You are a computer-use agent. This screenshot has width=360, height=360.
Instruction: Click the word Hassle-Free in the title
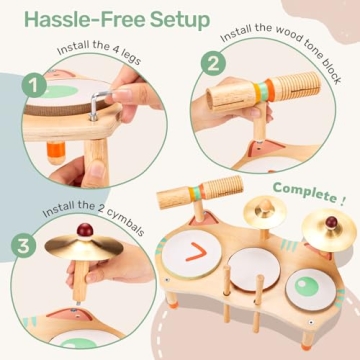(85, 20)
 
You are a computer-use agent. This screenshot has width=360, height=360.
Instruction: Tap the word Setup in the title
(180, 21)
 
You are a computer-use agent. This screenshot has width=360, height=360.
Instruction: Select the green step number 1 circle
(34, 85)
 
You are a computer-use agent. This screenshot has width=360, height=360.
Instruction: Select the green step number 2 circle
(213, 63)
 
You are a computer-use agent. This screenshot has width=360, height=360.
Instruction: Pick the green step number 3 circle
(23, 246)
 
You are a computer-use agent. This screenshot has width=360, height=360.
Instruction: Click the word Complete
(304, 193)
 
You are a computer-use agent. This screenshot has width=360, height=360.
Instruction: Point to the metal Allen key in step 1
(99, 104)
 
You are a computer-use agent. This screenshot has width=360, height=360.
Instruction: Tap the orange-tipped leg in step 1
(56, 153)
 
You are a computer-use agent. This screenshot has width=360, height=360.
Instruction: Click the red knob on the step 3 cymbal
(85, 230)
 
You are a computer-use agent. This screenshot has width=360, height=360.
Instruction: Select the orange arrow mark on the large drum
(197, 252)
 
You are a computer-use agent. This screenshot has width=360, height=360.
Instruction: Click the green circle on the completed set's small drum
(307, 286)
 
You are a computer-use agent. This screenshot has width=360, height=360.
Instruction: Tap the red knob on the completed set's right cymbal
(331, 222)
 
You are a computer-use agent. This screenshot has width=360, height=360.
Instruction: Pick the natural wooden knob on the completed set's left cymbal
(265, 206)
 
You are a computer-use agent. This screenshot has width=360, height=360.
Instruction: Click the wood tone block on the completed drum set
(200, 192)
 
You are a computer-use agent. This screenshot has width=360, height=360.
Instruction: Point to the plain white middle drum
(255, 269)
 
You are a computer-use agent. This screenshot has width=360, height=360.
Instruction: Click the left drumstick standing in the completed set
(227, 293)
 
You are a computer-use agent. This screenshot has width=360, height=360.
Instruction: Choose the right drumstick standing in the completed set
(258, 303)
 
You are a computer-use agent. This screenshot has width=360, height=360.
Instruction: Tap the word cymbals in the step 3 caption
(127, 224)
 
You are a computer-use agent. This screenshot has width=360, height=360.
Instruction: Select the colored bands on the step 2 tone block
(263, 91)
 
